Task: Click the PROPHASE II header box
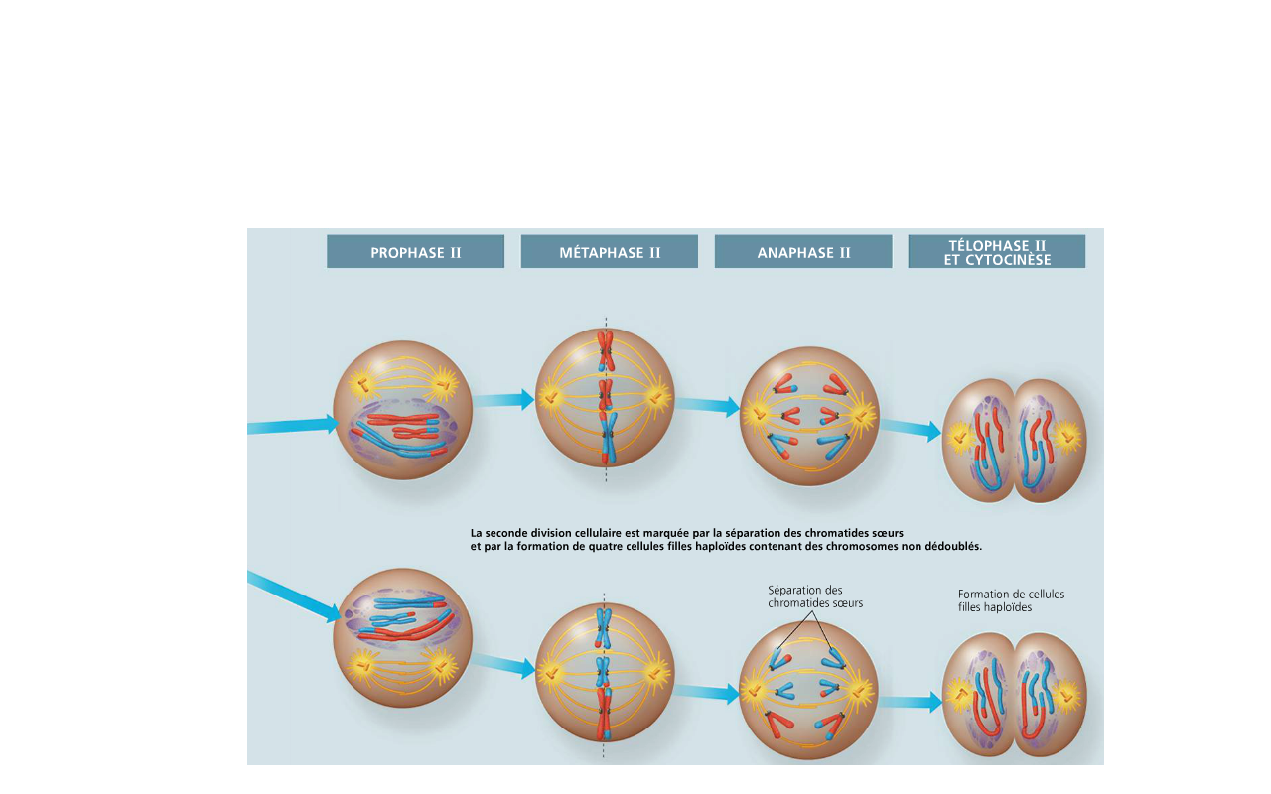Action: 415,252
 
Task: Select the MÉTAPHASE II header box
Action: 609,252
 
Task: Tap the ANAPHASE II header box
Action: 803,252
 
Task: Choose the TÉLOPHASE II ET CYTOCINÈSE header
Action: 996,252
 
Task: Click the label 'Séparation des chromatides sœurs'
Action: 815,596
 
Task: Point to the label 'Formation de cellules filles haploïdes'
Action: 1011,600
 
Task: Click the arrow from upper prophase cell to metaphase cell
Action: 503,400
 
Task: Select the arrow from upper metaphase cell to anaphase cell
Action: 707,405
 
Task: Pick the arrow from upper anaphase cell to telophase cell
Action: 911,429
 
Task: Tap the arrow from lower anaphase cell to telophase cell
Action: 910,703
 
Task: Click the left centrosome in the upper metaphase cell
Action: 550,398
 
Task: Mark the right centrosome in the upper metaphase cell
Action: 656,398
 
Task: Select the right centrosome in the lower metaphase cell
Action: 656,674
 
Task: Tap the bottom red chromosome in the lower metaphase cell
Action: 604,717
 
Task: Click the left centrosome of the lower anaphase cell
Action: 755,689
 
